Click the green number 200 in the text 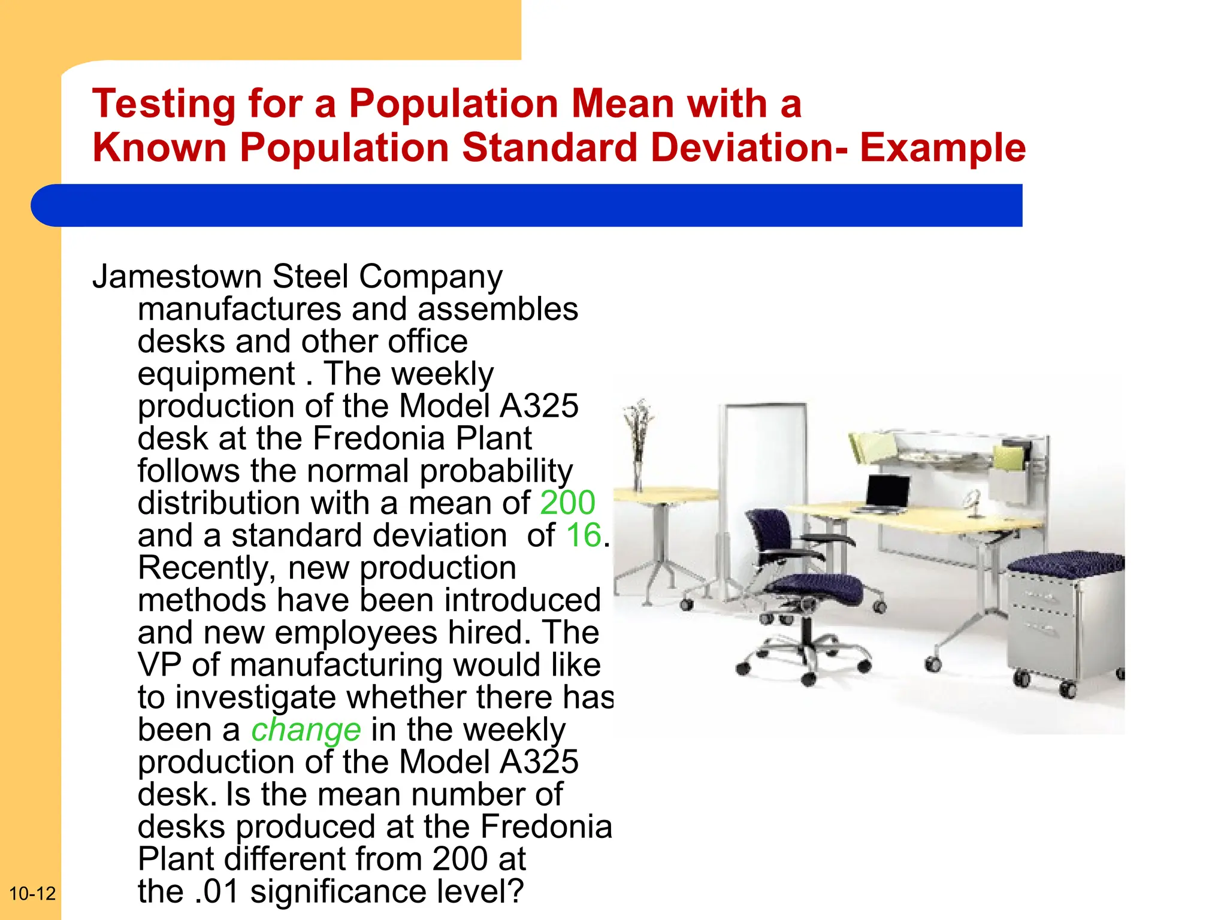pos(567,503)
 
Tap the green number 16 pos(583,535)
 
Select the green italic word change pos(306,730)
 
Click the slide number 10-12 pos(32,894)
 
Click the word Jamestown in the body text pos(177,277)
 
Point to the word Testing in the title pos(164,104)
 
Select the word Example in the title pos(942,148)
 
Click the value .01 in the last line pos(217,891)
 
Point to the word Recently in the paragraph pos(207,568)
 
